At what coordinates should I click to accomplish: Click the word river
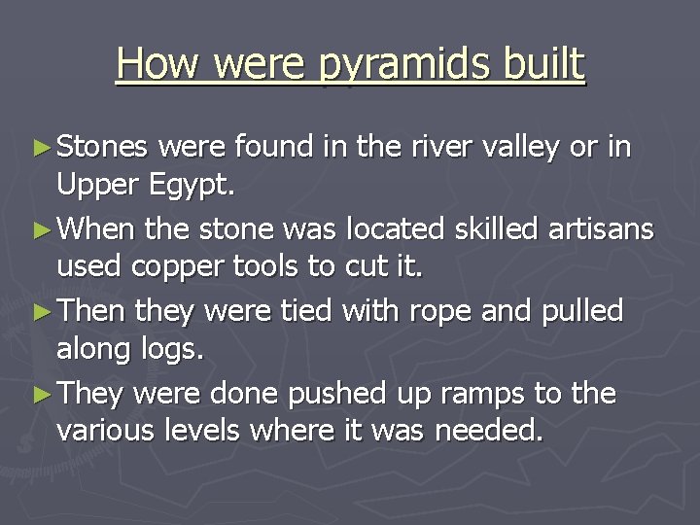pos(429,147)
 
